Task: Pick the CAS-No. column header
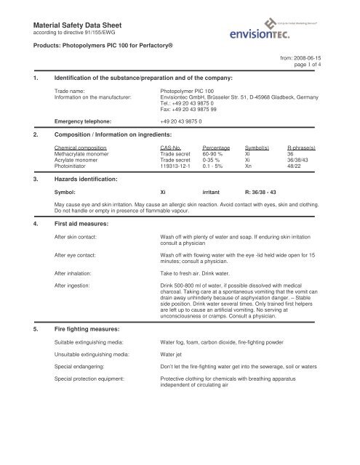click(x=175, y=147)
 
